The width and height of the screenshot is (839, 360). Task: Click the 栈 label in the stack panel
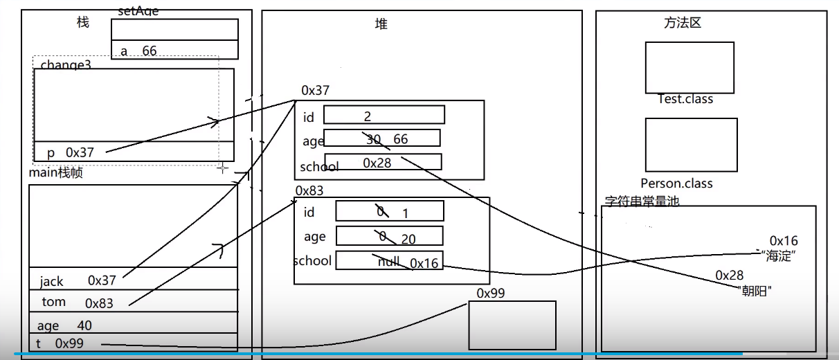point(83,23)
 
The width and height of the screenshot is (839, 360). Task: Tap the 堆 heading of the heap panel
point(381,24)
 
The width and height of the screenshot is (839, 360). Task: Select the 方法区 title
point(682,23)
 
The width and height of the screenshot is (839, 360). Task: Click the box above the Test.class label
point(689,67)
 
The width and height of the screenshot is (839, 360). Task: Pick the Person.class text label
point(676,183)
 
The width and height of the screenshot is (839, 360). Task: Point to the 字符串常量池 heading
point(642,202)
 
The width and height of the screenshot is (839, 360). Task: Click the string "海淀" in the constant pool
point(779,255)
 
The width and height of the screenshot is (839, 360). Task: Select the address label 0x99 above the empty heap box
point(490,293)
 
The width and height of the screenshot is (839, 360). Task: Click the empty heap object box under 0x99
point(512,325)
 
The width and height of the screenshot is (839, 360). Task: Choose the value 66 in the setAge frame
point(150,51)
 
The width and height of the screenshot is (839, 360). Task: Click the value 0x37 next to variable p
point(80,152)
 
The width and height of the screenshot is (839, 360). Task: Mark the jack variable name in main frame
point(51,281)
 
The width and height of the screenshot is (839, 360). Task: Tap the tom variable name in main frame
point(53,302)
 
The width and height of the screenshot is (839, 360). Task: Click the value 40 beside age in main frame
point(84,325)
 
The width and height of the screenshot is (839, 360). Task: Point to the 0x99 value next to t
point(69,343)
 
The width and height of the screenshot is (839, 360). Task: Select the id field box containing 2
point(384,115)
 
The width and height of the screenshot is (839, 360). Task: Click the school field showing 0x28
point(377,163)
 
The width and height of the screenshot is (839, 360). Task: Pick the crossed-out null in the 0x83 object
point(389,261)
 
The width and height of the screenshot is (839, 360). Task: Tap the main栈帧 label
point(55,173)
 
